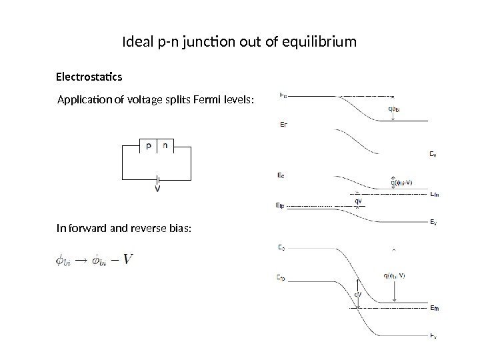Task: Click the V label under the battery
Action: point(157,188)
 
